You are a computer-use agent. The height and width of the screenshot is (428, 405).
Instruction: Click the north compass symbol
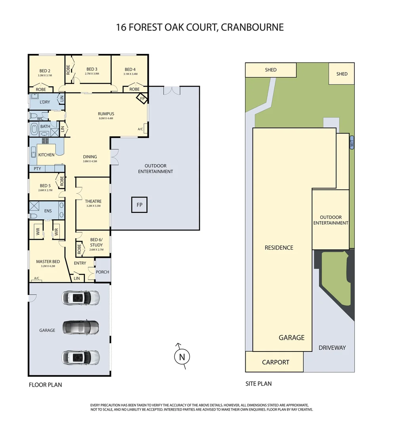click(182, 357)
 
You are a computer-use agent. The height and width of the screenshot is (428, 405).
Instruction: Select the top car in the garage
click(80, 298)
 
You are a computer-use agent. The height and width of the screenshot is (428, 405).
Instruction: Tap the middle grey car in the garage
click(80, 327)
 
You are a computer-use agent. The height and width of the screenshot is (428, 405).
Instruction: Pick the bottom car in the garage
click(80, 357)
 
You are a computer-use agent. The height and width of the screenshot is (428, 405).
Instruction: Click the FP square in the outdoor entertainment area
click(139, 205)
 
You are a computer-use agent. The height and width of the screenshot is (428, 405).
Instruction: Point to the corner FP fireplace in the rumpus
click(142, 97)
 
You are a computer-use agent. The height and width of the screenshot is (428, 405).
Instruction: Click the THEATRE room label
click(93, 201)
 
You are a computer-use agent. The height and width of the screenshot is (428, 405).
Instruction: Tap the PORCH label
click(102, 272)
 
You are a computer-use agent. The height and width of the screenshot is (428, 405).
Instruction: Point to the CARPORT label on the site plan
click(275, 362)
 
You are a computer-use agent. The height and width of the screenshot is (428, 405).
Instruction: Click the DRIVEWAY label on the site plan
click(332, 348)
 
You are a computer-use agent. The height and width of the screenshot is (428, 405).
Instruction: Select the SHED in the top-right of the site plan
click(342, 74)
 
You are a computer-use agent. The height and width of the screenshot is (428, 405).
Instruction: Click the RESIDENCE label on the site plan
click(279, 248)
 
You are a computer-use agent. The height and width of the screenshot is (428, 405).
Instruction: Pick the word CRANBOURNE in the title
click(252, 27)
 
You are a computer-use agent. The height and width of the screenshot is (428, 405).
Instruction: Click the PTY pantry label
click(38, 169)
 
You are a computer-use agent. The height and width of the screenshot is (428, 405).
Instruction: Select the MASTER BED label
click(48, 262)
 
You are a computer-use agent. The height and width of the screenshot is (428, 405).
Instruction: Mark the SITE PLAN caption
click(258, 384)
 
